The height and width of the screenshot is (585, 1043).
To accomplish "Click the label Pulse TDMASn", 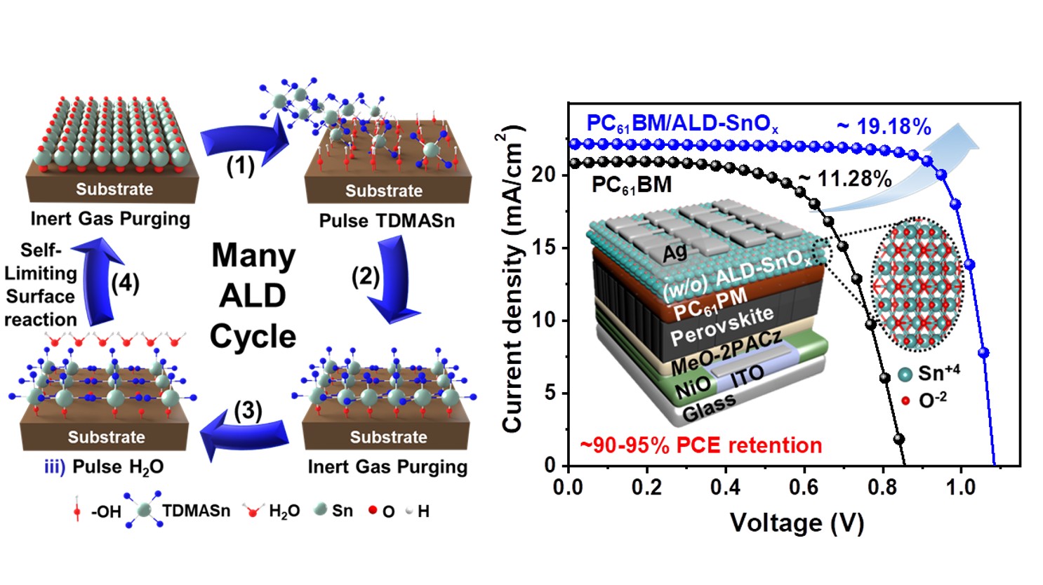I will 387,221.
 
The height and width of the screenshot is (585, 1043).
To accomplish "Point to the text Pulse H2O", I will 117,467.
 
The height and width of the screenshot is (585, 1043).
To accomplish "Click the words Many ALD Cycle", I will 253,295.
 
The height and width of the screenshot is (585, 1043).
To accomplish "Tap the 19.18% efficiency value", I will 884,127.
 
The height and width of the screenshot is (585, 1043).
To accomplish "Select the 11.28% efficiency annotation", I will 845,180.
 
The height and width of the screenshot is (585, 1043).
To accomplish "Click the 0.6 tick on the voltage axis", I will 803,487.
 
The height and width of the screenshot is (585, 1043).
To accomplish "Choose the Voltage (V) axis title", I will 797,523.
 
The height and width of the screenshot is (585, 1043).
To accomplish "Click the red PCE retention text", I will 700,445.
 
